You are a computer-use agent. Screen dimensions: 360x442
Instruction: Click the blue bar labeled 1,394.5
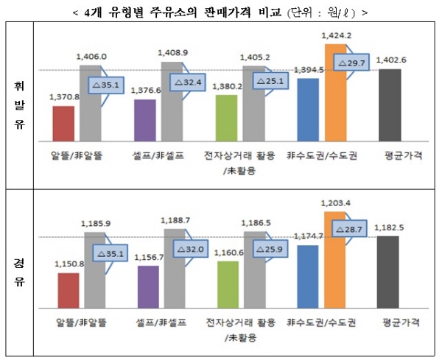(x=309, y=110)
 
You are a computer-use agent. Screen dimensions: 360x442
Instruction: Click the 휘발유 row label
(x=19, y=104)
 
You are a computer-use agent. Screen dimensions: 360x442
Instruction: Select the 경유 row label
(x=19, y=272)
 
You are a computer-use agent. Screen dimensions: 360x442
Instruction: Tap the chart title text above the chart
(x=220, y=13)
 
